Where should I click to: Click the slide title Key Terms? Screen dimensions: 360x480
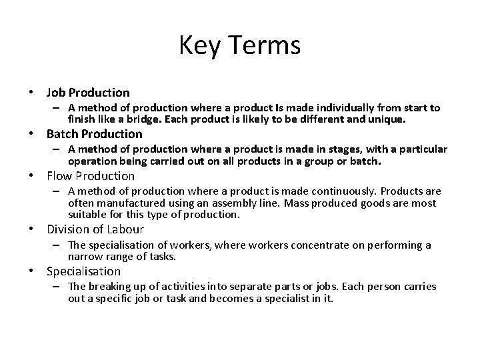(x=240, y=45)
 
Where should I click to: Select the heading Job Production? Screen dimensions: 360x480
(x=88, y=92)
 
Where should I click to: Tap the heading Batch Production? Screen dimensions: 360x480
(x=94, y=134)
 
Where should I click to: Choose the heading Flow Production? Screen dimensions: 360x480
(x=91, y=176)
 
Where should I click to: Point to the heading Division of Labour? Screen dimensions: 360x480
(x=95, y=229)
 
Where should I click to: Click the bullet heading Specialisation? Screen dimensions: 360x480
(x=83, y=271)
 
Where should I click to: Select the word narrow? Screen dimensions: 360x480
(x=85, y=256)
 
